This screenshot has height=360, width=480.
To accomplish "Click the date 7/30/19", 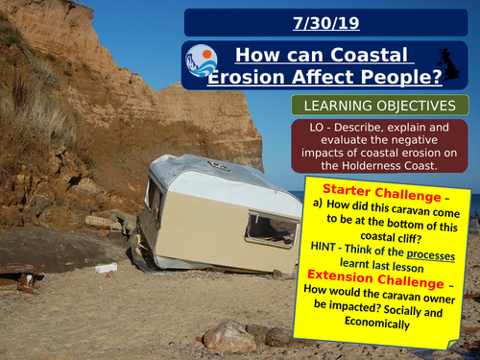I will (x=328, y=21).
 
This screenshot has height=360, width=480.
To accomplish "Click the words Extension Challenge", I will (x=363, y=285).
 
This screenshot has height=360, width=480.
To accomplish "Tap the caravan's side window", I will (x=272, y=229).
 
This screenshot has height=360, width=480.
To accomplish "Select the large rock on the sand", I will (x=230, y=336).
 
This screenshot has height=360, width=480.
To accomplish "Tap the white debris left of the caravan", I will (x=106, y=268).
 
